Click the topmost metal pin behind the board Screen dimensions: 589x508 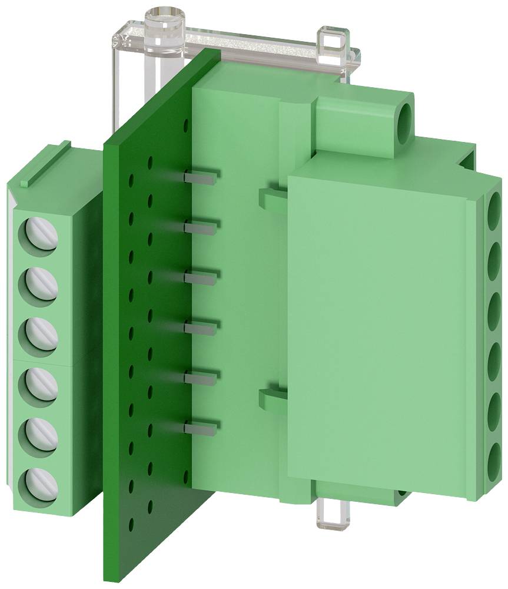click(x=202, y=175)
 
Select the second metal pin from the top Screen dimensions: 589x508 click(x=202, y=225)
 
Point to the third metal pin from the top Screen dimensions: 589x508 click(x=202, y=275)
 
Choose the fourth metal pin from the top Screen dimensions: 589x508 click(x=202, y=325)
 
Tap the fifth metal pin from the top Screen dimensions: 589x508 click(x=202, y=375)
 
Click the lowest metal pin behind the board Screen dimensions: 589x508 click(x=202, y=424)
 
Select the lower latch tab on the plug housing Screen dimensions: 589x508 click(x=271, y=398)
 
